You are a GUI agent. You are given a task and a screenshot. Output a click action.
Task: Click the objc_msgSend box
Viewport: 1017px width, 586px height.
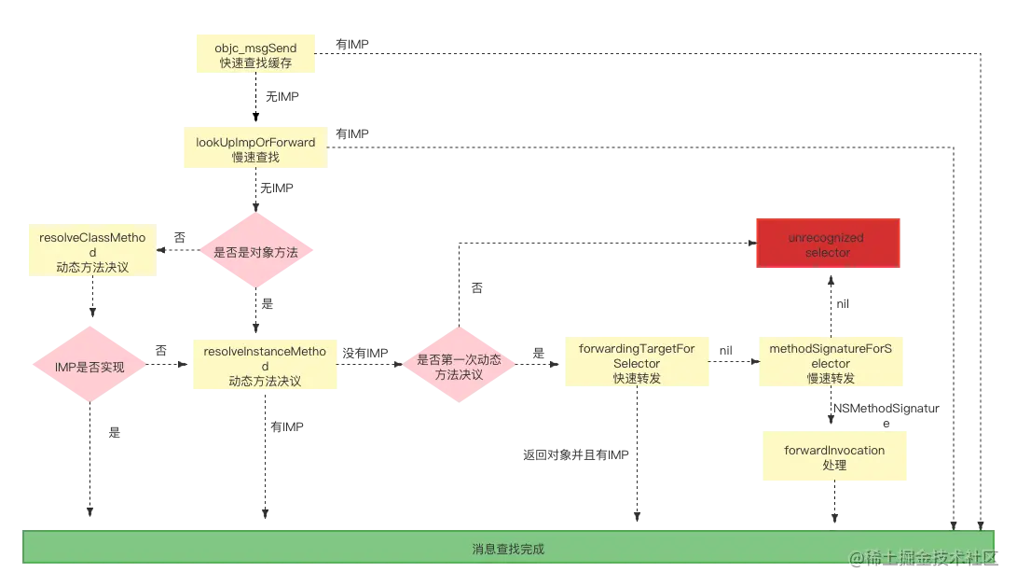[256, 52]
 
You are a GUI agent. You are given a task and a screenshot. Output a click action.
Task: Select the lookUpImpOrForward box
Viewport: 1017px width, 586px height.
[254, 150]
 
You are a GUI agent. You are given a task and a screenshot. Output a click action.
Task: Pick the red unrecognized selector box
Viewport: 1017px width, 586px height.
[827, 244]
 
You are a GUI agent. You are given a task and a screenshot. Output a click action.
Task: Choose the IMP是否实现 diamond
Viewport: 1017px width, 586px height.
[91, 367]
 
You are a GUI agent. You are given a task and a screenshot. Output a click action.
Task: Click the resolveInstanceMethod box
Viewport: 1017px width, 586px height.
[264, 366]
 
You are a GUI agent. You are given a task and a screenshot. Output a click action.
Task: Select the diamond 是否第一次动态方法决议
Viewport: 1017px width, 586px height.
[459, 366]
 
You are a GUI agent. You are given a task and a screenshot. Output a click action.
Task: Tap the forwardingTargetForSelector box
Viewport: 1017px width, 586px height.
[637, 363]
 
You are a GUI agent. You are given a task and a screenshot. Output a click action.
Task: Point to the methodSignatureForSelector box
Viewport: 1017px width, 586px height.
[830, 363]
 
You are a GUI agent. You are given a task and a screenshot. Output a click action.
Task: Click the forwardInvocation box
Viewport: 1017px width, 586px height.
[834, 456]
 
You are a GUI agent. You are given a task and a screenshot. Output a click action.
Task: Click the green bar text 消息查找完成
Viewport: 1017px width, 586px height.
[508, 549]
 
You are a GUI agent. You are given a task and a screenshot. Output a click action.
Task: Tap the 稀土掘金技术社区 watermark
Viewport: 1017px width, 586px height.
[923, 557]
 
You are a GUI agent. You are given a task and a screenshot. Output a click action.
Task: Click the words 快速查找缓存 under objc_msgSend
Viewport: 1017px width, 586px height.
[256, 63]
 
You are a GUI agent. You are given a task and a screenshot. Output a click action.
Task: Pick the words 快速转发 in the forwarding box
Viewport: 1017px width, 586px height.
[637, 378]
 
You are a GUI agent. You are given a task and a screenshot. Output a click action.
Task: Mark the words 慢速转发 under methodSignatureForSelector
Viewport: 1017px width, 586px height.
[830, 378]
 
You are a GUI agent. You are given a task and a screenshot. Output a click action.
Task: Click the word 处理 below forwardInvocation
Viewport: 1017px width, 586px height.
[834, 464]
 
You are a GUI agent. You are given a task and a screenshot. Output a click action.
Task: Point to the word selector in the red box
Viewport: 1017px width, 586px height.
[827, 253]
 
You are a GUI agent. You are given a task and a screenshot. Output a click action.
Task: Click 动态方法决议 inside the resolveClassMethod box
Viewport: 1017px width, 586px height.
[91, 267]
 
